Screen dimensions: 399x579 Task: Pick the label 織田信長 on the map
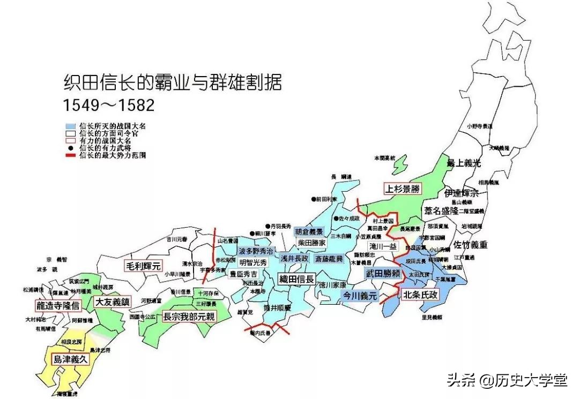pos(295,279)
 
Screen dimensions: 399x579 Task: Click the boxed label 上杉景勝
pos(402,189)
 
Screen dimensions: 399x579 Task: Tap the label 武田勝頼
pos(383,273)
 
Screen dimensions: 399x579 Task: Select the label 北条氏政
pos(420,294)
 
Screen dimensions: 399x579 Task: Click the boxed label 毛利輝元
pos(143,266)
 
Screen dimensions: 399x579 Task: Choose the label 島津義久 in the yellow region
pos(69,359)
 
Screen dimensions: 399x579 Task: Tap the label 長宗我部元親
pos(189,317)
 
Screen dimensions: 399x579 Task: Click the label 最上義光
pos(465,163)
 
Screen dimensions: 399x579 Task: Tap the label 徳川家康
pos(332,285)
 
